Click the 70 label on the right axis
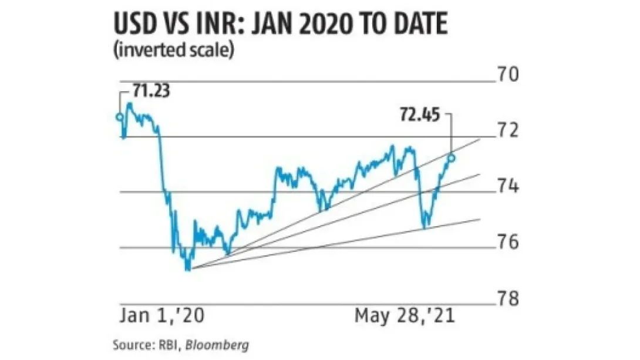(508, 74)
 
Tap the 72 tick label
(508, 130)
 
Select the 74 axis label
(508, 186)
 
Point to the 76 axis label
(508, 242)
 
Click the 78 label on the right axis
(508, 298)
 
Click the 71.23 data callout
(151, 90)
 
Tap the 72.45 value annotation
(420, 115)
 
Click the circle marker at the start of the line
(120, 117)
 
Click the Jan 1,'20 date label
(162, 316)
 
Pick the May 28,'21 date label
(405, 316)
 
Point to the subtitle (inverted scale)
(174, 51)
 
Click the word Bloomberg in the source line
(217, 345)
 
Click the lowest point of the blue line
(187, 270)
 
